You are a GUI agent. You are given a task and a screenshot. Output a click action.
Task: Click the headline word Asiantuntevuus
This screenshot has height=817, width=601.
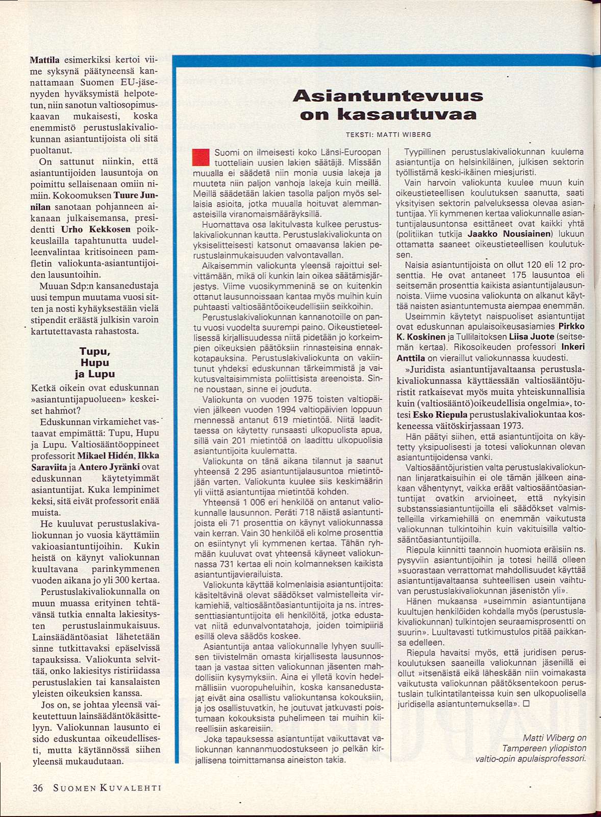click(x=388, y=95)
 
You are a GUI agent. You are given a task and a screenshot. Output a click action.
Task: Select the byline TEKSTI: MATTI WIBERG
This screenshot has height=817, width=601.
click(x=388, y=135)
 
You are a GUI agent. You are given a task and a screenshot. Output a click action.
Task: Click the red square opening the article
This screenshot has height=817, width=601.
click(x=201, y=157)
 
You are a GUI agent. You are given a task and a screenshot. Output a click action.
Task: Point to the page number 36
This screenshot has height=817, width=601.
click(x=38, y=788)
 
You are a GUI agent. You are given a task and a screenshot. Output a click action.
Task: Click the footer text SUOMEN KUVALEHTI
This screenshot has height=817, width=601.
click(x=107, y=788)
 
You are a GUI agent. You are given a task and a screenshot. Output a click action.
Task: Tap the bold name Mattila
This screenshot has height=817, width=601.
click(x=45, y=60)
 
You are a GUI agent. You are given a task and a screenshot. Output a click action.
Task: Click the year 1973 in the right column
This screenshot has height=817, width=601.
click(x=511, y=426)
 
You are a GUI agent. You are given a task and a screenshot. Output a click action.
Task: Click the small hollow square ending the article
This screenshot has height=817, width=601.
click(x=527, y=703)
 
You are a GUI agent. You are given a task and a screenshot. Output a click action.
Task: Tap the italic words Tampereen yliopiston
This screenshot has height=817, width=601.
click(x=544, y=748)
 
